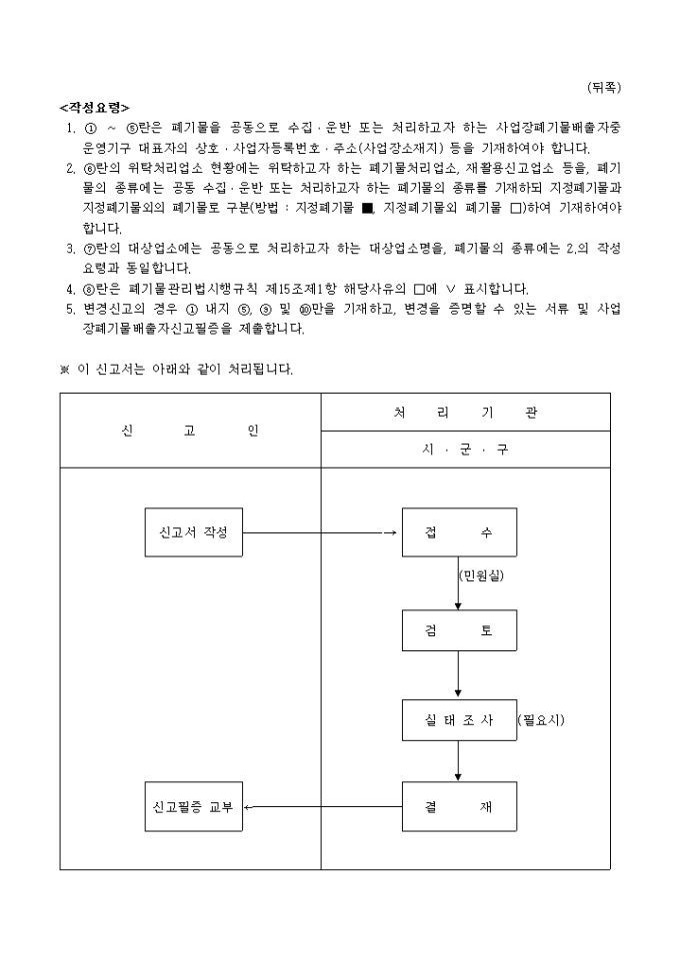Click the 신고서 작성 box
[x=194, y=532]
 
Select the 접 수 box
[x=459, y=532]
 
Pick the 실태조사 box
[x=459, y=719]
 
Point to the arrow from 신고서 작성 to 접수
[x=320, y=532]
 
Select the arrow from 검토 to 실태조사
[x=459, y=676]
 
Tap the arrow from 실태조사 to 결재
[x=459, y=762]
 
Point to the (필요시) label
[x=541, y=719]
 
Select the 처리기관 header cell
[x=465, y=412]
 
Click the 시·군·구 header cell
[x=465, y=450]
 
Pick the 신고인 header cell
[x=190, y=431]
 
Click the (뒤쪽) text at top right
[x=604, y=87]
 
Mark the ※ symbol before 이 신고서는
[x=65, y=370]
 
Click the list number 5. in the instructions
[x=71, y=309]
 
